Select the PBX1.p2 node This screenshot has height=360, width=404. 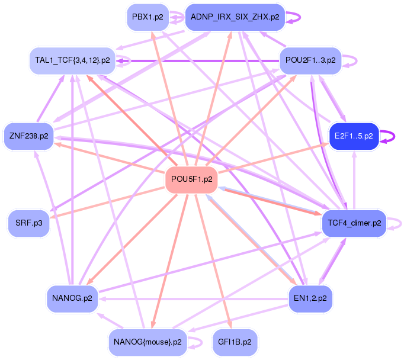[x=148, y=17]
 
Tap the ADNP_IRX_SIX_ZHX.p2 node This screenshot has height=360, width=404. [x=235, y=17]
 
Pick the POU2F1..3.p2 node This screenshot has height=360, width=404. [x=310, y=60]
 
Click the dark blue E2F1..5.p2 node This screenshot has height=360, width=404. [x=353, y=136]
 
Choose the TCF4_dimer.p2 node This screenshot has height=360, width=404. [x=354, y=223]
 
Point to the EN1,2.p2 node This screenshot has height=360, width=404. [x=310, y=298]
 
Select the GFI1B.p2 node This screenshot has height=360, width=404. [x=235, y=342]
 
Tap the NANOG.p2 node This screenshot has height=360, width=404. [x=72, y=298]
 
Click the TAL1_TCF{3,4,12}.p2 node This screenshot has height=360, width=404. [x=72, y=60]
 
